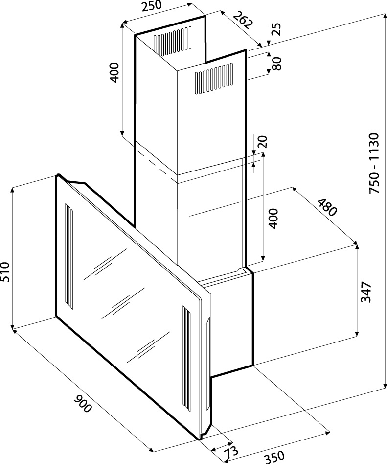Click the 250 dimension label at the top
152,7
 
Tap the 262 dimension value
243,20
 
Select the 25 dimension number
276,29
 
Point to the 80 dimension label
277,63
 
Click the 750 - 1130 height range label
374,163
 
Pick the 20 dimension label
263,142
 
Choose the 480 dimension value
327,207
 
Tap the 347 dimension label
366,292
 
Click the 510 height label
5,272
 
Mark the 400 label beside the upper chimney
114,72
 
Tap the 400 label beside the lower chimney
273,219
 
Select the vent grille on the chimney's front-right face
214,78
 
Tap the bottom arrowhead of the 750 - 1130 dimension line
385,385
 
